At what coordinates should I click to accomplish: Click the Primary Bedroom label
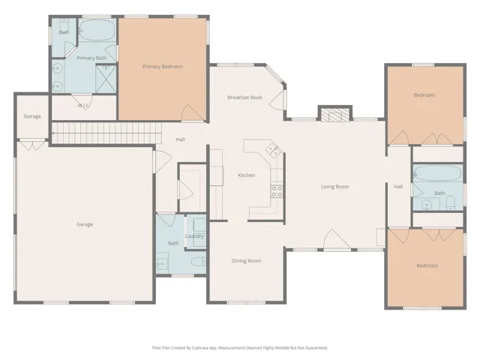pyautogui.click(x=163, y=67)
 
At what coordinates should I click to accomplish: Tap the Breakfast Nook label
pyautogui.click(x=245, y=97)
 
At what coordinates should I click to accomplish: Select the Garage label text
pyautogui.click(x=85, y=224)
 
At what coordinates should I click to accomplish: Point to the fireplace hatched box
pyautogui.click(x=335, y=115)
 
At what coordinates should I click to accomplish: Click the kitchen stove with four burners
pyautogui.click(x=277, y=192)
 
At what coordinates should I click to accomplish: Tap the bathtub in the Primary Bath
pyautogui.click(x=97, y=30)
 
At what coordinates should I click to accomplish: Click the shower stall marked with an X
pyautogui.click(x=106, y=79)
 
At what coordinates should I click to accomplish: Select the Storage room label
pyautogui.click(x=32, y=116)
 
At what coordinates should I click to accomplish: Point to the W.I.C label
pyautogui.click(x=83, y=106)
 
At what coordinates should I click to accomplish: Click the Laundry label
pyautogui.click(x=194, y=236)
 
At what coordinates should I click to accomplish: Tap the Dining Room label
pyautogui.click(x=247, y=261)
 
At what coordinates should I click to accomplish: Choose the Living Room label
pyautogui.click(x=335, y=187)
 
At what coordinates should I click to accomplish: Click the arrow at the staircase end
pyautogui.click(x=54, y=133)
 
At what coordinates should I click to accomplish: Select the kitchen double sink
pyautogui.click(x=274, y=150)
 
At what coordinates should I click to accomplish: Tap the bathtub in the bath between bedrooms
pyautogui.click(x=437, y=173)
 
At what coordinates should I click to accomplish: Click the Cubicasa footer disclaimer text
pyautogui.click(x=240, y=348)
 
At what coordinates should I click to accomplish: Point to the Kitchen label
pyautogui.click(x=247, y=175)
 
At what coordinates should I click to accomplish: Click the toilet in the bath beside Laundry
pyautogui.click(x=198, y=262)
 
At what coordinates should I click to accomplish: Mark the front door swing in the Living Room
pyautogui.click(x=337, y=238)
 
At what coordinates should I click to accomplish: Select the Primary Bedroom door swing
pyautogui.click(x=192, y=112)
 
